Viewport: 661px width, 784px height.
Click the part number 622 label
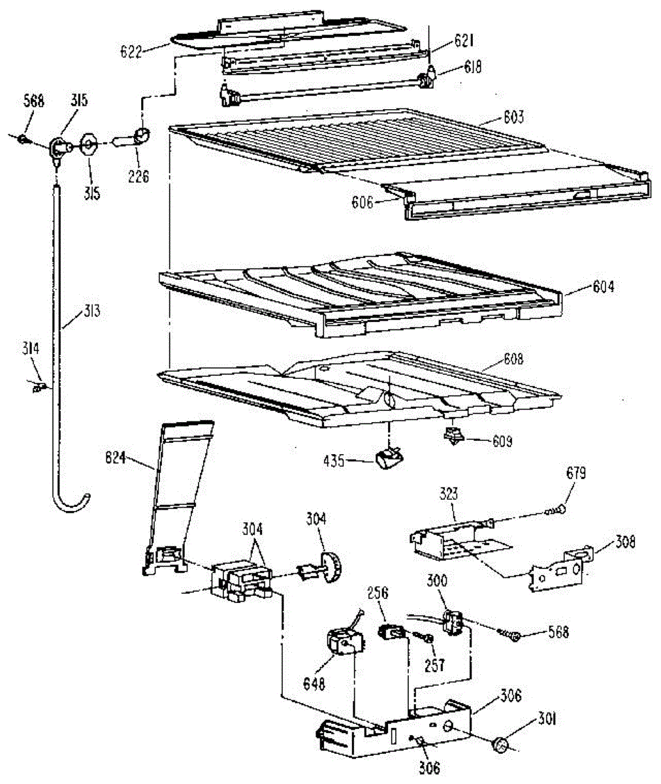[131, 52]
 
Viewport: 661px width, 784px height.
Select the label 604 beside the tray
[603, 286]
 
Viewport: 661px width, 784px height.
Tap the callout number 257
[434, 665]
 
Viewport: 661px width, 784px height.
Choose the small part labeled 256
[390, 632]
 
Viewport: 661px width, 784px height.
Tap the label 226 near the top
[138, 176]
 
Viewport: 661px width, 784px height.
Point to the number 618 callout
[472, 67]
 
